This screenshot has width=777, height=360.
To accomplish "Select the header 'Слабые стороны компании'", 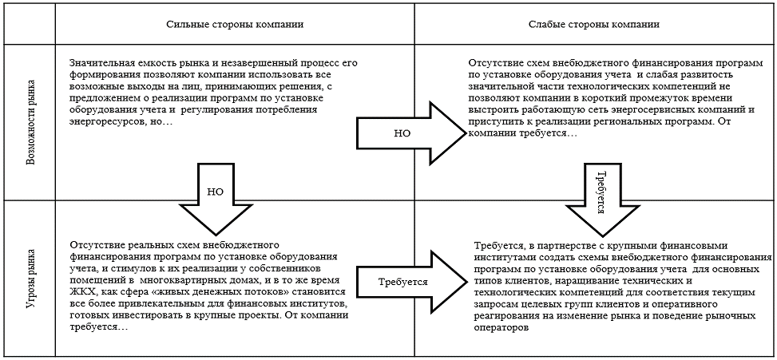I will pos(594,25).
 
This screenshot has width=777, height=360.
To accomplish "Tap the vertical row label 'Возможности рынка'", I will pos(31,121).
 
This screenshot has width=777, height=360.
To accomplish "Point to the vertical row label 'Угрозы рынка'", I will pos(31,279).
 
